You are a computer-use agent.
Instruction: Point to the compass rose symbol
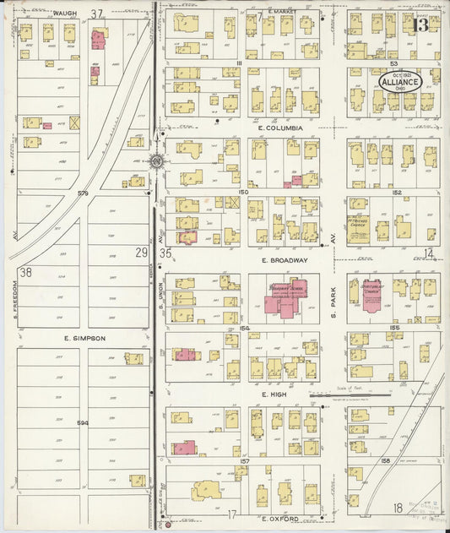157,160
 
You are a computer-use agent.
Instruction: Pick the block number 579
83,193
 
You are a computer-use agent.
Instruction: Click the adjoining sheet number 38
26,271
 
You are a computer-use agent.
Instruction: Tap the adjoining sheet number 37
97,14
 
